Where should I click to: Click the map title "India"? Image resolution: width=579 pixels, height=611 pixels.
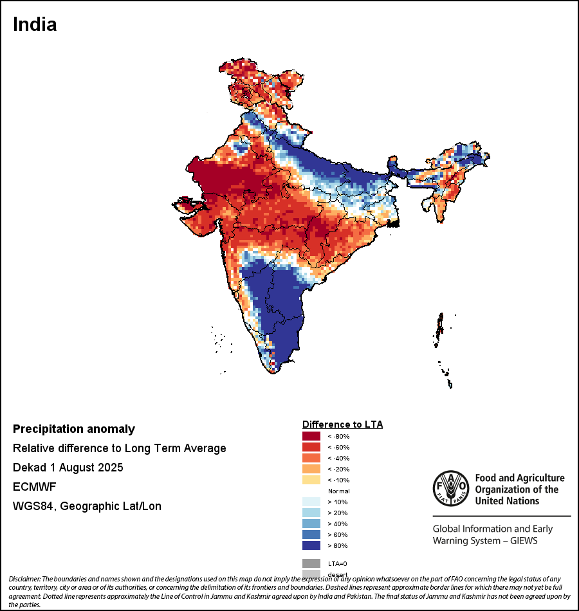(35, 24)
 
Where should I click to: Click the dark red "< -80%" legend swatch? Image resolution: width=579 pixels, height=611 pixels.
(311, 437)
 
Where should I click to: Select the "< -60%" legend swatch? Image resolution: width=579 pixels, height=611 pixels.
(311, 448)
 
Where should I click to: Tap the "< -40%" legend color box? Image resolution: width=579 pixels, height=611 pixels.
(311, 459)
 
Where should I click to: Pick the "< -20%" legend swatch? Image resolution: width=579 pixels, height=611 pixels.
(311, 470)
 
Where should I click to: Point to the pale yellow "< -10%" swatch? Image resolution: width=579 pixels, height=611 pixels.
(311, 480)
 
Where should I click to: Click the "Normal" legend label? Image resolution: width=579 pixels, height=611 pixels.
(338, 491)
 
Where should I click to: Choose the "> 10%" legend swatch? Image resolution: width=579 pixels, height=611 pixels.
(311, 502)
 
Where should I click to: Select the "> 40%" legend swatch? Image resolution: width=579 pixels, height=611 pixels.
(311, 524)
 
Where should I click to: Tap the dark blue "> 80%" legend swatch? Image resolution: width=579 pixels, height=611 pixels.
(311, 546)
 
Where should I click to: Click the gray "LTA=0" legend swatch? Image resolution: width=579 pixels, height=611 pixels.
(311, 563)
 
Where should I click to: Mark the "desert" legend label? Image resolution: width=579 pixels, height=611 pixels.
(338, 574)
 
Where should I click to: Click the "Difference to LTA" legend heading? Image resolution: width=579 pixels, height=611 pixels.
(342, 424)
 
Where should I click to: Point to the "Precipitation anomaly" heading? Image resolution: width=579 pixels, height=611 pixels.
(74, 429)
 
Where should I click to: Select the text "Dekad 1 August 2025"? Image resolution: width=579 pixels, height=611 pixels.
(68, 468)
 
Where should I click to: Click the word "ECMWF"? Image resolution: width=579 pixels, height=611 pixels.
(34, 487)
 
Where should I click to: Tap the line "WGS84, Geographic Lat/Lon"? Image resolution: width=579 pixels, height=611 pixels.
(87, 506)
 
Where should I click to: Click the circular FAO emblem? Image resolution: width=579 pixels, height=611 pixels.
(450, 489)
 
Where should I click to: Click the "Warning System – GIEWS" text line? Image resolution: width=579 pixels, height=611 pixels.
(485, 541)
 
